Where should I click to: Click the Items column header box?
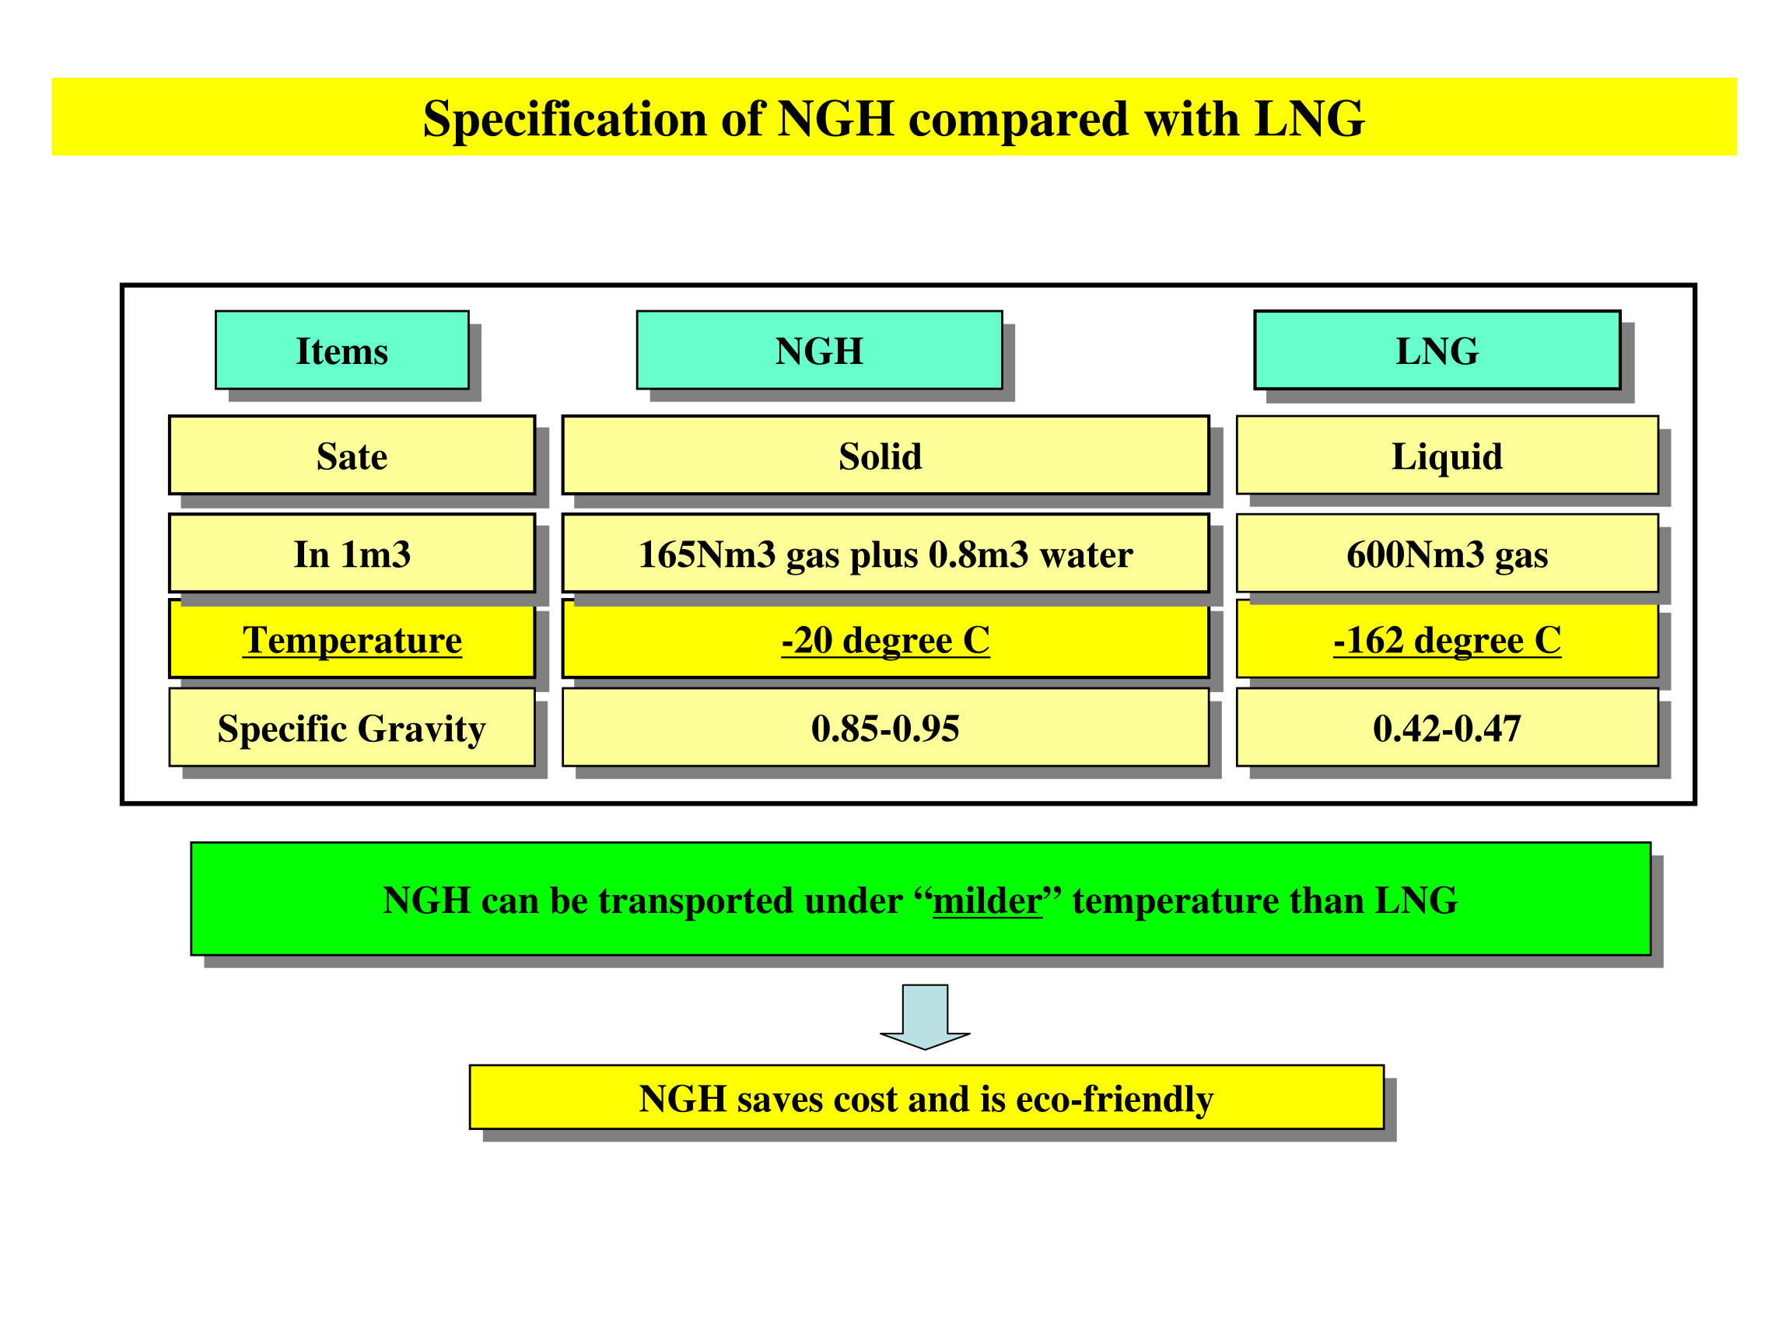click(341, 351)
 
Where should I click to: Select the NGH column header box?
click(819, 351)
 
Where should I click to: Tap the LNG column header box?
click(1437, 351)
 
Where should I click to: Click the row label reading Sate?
click(352, 456)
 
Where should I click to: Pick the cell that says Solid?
click(884, 456)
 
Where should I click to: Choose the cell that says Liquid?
click(1447, 456)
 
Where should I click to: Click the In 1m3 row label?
click(352, 554)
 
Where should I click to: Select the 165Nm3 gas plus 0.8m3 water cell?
click(884, 554)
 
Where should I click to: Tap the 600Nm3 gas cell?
click(1447, 554)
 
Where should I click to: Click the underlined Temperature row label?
click(352, 639)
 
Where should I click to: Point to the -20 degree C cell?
click(884, 639)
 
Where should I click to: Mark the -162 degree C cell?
click(1447, 639)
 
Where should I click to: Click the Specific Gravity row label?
click(352, 727)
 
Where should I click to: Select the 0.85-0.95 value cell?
click(884, 727)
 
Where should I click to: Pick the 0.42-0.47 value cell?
click(1447, 727)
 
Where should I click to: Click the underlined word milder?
click(987, 901)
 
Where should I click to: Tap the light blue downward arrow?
click(925, 1016)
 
